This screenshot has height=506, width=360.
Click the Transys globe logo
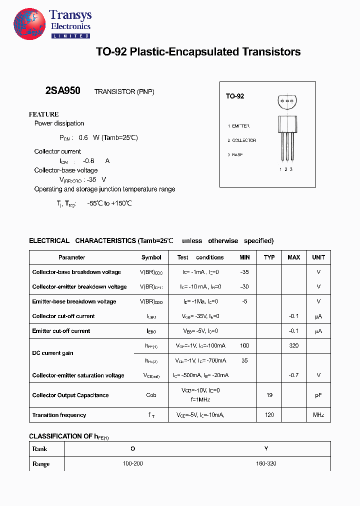30,24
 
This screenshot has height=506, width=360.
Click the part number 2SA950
63,91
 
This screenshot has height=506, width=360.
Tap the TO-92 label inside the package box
234,96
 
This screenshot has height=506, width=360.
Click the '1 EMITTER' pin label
238,126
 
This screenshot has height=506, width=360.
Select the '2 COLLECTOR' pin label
242,140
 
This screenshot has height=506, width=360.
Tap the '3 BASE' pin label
235,155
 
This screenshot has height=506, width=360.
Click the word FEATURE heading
44,114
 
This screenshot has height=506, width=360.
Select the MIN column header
244,257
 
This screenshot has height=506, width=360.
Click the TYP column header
269,257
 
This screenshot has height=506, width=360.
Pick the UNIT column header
318,257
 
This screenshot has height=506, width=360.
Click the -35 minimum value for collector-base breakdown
244,272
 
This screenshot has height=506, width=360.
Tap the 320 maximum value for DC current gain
294,346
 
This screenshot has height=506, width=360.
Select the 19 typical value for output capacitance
269,395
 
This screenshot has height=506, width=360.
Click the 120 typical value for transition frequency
269,415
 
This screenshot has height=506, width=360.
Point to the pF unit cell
318,395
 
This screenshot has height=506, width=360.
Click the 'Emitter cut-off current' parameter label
61,331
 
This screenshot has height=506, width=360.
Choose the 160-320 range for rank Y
266,463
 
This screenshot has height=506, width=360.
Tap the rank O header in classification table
133,448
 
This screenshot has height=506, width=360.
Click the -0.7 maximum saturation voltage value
294,375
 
